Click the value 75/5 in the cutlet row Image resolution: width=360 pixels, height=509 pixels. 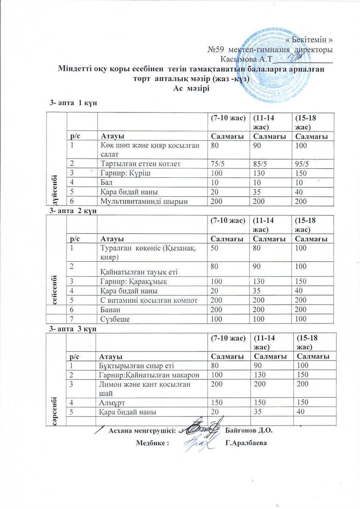218,164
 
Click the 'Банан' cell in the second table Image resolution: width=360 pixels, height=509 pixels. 111,309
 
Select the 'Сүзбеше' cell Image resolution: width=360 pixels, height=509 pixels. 114,319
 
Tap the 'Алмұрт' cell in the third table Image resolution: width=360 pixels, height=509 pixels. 113,402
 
